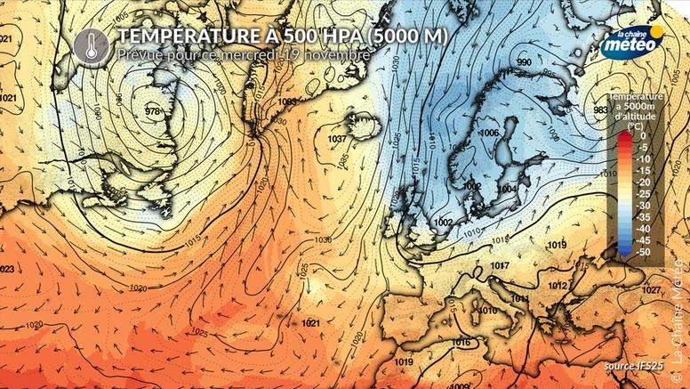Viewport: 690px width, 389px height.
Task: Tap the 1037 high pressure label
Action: coord(337,139)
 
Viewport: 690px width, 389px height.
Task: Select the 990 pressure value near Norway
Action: coord(524,61)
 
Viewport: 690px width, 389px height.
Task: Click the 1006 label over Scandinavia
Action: coord(488,133)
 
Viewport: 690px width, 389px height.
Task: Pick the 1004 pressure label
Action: coord(508,189)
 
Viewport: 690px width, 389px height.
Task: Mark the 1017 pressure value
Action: coord(500,266)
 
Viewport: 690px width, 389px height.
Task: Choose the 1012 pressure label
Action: coord(558,285)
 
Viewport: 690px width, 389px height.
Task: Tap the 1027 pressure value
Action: coord(652,290)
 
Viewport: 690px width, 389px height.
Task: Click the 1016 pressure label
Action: coord(461,343)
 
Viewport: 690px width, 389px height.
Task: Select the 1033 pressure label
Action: coord(286,102)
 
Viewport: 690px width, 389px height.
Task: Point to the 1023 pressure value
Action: coord(5,269)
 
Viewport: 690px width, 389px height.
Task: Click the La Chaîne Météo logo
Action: coord(632,44)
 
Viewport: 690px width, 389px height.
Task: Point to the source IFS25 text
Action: coord(632,365)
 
